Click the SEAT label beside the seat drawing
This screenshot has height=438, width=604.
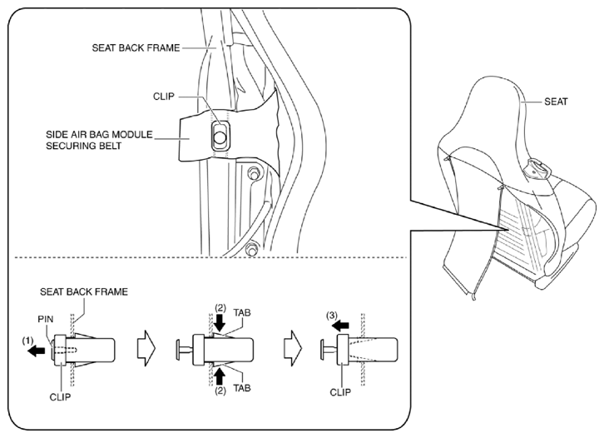556,102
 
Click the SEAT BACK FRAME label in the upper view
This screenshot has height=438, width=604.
136,47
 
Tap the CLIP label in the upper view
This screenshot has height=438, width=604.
164,97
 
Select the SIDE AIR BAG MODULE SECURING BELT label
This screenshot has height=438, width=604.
99,141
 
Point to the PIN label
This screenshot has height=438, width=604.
46,319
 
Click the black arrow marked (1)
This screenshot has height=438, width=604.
37,351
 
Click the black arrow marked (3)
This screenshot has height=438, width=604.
340,326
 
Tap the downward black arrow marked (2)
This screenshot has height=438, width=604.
219,323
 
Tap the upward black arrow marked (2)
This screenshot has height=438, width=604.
219,376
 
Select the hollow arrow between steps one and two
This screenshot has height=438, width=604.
146,348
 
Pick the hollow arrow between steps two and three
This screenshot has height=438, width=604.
293,348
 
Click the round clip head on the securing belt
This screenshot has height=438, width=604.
220,137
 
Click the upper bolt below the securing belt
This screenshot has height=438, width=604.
253,172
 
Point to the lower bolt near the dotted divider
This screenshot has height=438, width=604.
251,248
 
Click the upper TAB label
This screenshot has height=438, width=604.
242,312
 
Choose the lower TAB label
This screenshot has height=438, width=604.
242,388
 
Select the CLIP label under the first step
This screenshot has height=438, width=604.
60,396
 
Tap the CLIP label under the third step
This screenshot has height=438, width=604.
340,392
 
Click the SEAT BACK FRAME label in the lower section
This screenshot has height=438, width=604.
84,291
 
